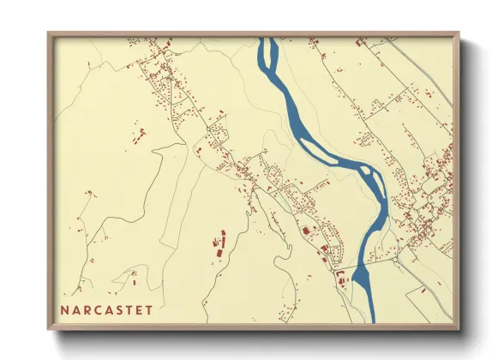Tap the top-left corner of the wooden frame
50,35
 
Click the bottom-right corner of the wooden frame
457,327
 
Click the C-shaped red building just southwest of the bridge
341,274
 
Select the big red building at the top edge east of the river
361,41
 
